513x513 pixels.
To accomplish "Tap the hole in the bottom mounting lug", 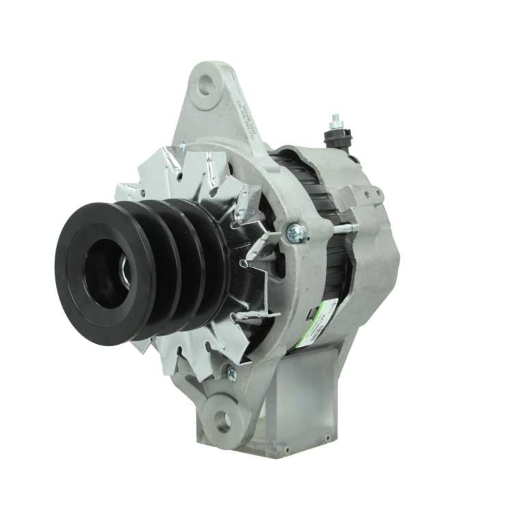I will [x=223, y=422].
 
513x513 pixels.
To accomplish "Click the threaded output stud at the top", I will [x=337, y=123].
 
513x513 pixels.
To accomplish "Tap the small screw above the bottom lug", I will [x=231, y=373].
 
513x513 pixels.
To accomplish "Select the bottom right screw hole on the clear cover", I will [x=327, y=439].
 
